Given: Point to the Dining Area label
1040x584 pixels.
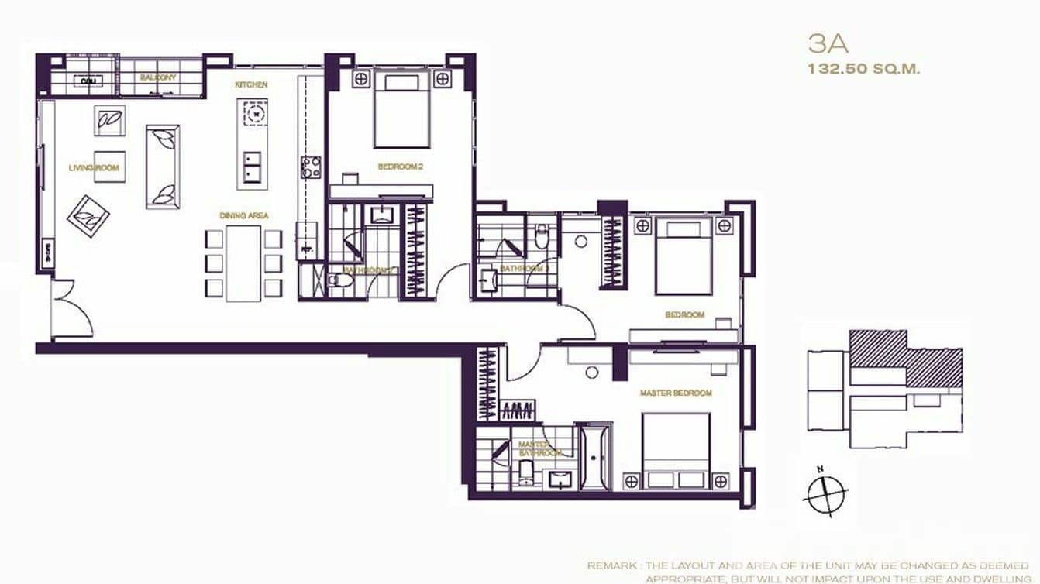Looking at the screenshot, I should [243, 215].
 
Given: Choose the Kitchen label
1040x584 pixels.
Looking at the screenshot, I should [252, 84].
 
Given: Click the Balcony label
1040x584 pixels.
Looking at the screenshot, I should [159, 77].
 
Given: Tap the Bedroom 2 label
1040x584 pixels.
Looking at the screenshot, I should [400, 167].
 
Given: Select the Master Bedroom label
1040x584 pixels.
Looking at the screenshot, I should [675, 393].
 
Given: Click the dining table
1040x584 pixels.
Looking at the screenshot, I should [244, 262].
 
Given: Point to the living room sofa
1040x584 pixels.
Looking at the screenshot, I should [163, 166].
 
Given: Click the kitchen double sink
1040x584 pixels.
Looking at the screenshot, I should [252, 167].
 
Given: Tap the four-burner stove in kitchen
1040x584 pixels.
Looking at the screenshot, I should [311, 167].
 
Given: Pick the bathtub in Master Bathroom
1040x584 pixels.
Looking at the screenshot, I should [594, 456].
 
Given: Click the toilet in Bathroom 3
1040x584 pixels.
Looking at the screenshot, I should [542, 235].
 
